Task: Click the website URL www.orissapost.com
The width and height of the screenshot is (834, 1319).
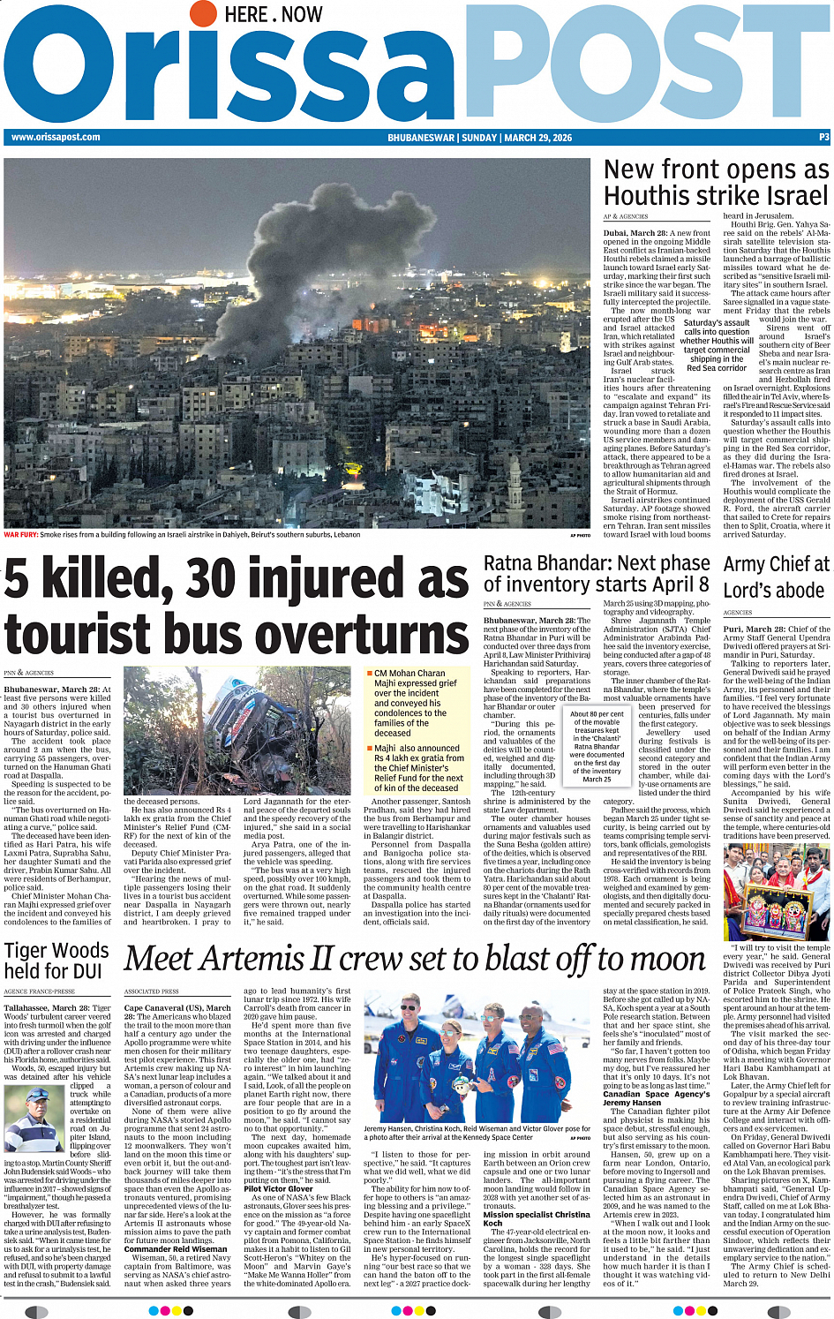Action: pyautogui.click(x=56, y=137)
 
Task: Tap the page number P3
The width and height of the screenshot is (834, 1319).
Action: pyautogui.click(x=824, y=138)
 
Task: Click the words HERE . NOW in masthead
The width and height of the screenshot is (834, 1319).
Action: pyautogui.click(x=274, y=15)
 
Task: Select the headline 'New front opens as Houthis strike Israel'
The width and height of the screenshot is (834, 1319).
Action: pyautogui.click(x=716, y=182)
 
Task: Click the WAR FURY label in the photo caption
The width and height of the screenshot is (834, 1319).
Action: pyautogui.click(x=21, y=534)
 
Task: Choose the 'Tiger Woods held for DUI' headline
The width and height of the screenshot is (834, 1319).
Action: pyautogui.click(x=56, y=961)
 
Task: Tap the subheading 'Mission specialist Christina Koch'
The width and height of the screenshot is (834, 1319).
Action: pyautogui.click(x=537, y=1218)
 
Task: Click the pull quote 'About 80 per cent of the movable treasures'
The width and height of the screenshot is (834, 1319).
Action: pyautogui.click(x=597, y=746)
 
